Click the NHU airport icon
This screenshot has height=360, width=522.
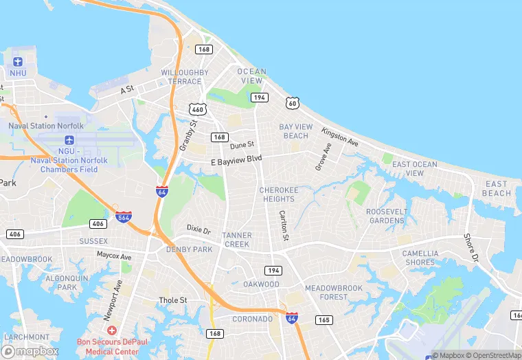click(18, 61)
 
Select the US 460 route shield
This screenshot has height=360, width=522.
click(198, 109)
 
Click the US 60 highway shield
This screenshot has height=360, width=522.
click(293, 103)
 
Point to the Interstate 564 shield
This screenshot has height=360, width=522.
click(124, 216)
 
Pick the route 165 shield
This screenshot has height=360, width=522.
click(324, 319)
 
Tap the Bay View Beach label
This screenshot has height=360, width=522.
click(296, 131)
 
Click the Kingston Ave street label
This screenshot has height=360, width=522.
click(340, 137)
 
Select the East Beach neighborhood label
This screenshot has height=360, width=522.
click(496, 188)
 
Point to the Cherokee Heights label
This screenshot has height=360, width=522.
click(277, 194)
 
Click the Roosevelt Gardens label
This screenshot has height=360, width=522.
click(386, 216)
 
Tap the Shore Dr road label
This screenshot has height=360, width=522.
click(470, 247)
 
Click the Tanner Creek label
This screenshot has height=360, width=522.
click(237, 240)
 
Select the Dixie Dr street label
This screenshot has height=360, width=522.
click(198, 227)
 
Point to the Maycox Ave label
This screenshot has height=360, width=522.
click(113, 255)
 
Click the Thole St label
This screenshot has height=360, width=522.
click(173, 300)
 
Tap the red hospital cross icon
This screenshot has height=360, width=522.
click(112, 330)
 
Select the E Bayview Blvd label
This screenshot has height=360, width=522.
click(236, 159)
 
